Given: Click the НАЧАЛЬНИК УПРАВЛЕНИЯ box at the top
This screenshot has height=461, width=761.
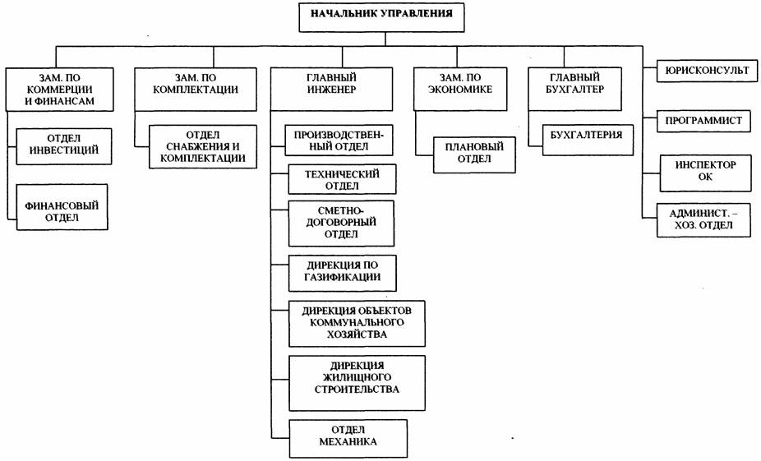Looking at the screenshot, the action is point(381,17).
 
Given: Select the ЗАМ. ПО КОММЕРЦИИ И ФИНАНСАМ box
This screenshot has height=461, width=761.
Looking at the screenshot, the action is point(60,90).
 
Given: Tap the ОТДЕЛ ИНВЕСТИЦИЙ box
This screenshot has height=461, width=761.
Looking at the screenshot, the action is point(64,146).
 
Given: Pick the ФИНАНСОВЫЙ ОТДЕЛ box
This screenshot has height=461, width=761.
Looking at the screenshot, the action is point(62,207).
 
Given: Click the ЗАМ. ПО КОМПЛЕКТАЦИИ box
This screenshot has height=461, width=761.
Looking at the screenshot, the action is point(196,90).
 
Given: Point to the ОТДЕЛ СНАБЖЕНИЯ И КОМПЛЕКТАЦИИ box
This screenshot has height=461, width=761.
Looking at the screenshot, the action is point(203,147).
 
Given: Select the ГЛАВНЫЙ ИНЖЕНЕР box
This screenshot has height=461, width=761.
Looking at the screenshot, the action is point(331,90).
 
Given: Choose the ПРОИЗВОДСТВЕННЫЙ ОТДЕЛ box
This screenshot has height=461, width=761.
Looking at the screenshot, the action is point(339,141).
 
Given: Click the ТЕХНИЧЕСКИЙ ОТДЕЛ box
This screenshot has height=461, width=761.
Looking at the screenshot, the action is point(342,179).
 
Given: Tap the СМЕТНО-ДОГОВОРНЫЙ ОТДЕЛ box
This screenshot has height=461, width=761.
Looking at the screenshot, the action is point(341,224).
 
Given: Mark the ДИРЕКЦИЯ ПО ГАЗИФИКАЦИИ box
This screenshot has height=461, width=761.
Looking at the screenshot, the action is point(343,273).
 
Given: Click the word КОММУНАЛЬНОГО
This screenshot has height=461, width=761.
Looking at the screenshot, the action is point(357,322).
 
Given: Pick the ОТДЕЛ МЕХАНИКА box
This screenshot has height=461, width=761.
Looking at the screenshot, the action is point(348,439).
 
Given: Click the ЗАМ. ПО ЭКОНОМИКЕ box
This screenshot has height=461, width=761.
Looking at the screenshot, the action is point(460,90).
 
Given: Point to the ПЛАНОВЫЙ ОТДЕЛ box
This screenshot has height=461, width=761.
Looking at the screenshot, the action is point(475,155).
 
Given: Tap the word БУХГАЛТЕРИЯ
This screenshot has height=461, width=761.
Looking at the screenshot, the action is point(587,135).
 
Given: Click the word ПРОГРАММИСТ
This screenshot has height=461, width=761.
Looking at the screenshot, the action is point(703,120).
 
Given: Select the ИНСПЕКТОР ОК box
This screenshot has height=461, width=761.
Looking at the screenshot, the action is point(706,173).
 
